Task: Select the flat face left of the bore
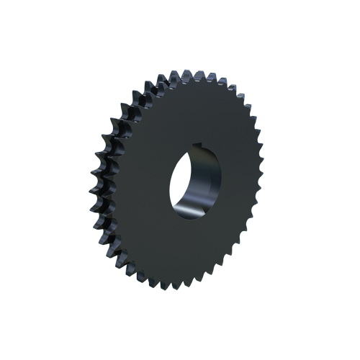(x=148, y=187)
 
